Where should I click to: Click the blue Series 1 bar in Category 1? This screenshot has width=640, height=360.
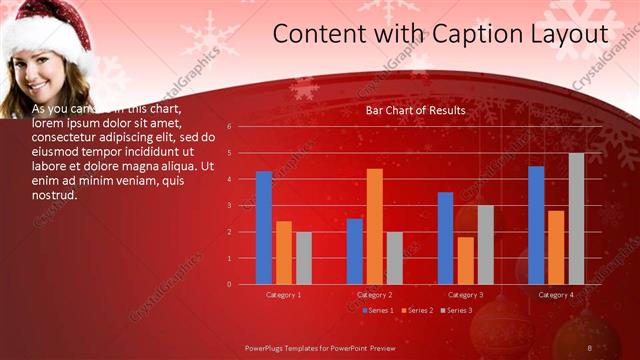(x=264, y=228)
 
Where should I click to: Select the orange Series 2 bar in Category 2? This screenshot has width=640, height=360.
(x=374, y=226)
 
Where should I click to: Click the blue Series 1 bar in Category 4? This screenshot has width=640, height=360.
(x=536, y=225)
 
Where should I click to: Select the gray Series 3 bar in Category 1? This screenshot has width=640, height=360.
(x=304, y=258)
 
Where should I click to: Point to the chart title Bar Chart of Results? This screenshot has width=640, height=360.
(x=415, y=110)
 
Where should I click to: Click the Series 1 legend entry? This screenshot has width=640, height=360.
(x=378, y=311)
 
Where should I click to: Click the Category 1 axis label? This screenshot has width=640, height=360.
(x=284, y=295)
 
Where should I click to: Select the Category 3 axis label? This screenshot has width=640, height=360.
(x=465, y=295)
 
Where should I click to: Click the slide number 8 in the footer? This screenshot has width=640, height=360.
(x=589, y=346)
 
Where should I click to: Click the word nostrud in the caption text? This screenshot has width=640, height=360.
(x=54, y=195)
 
